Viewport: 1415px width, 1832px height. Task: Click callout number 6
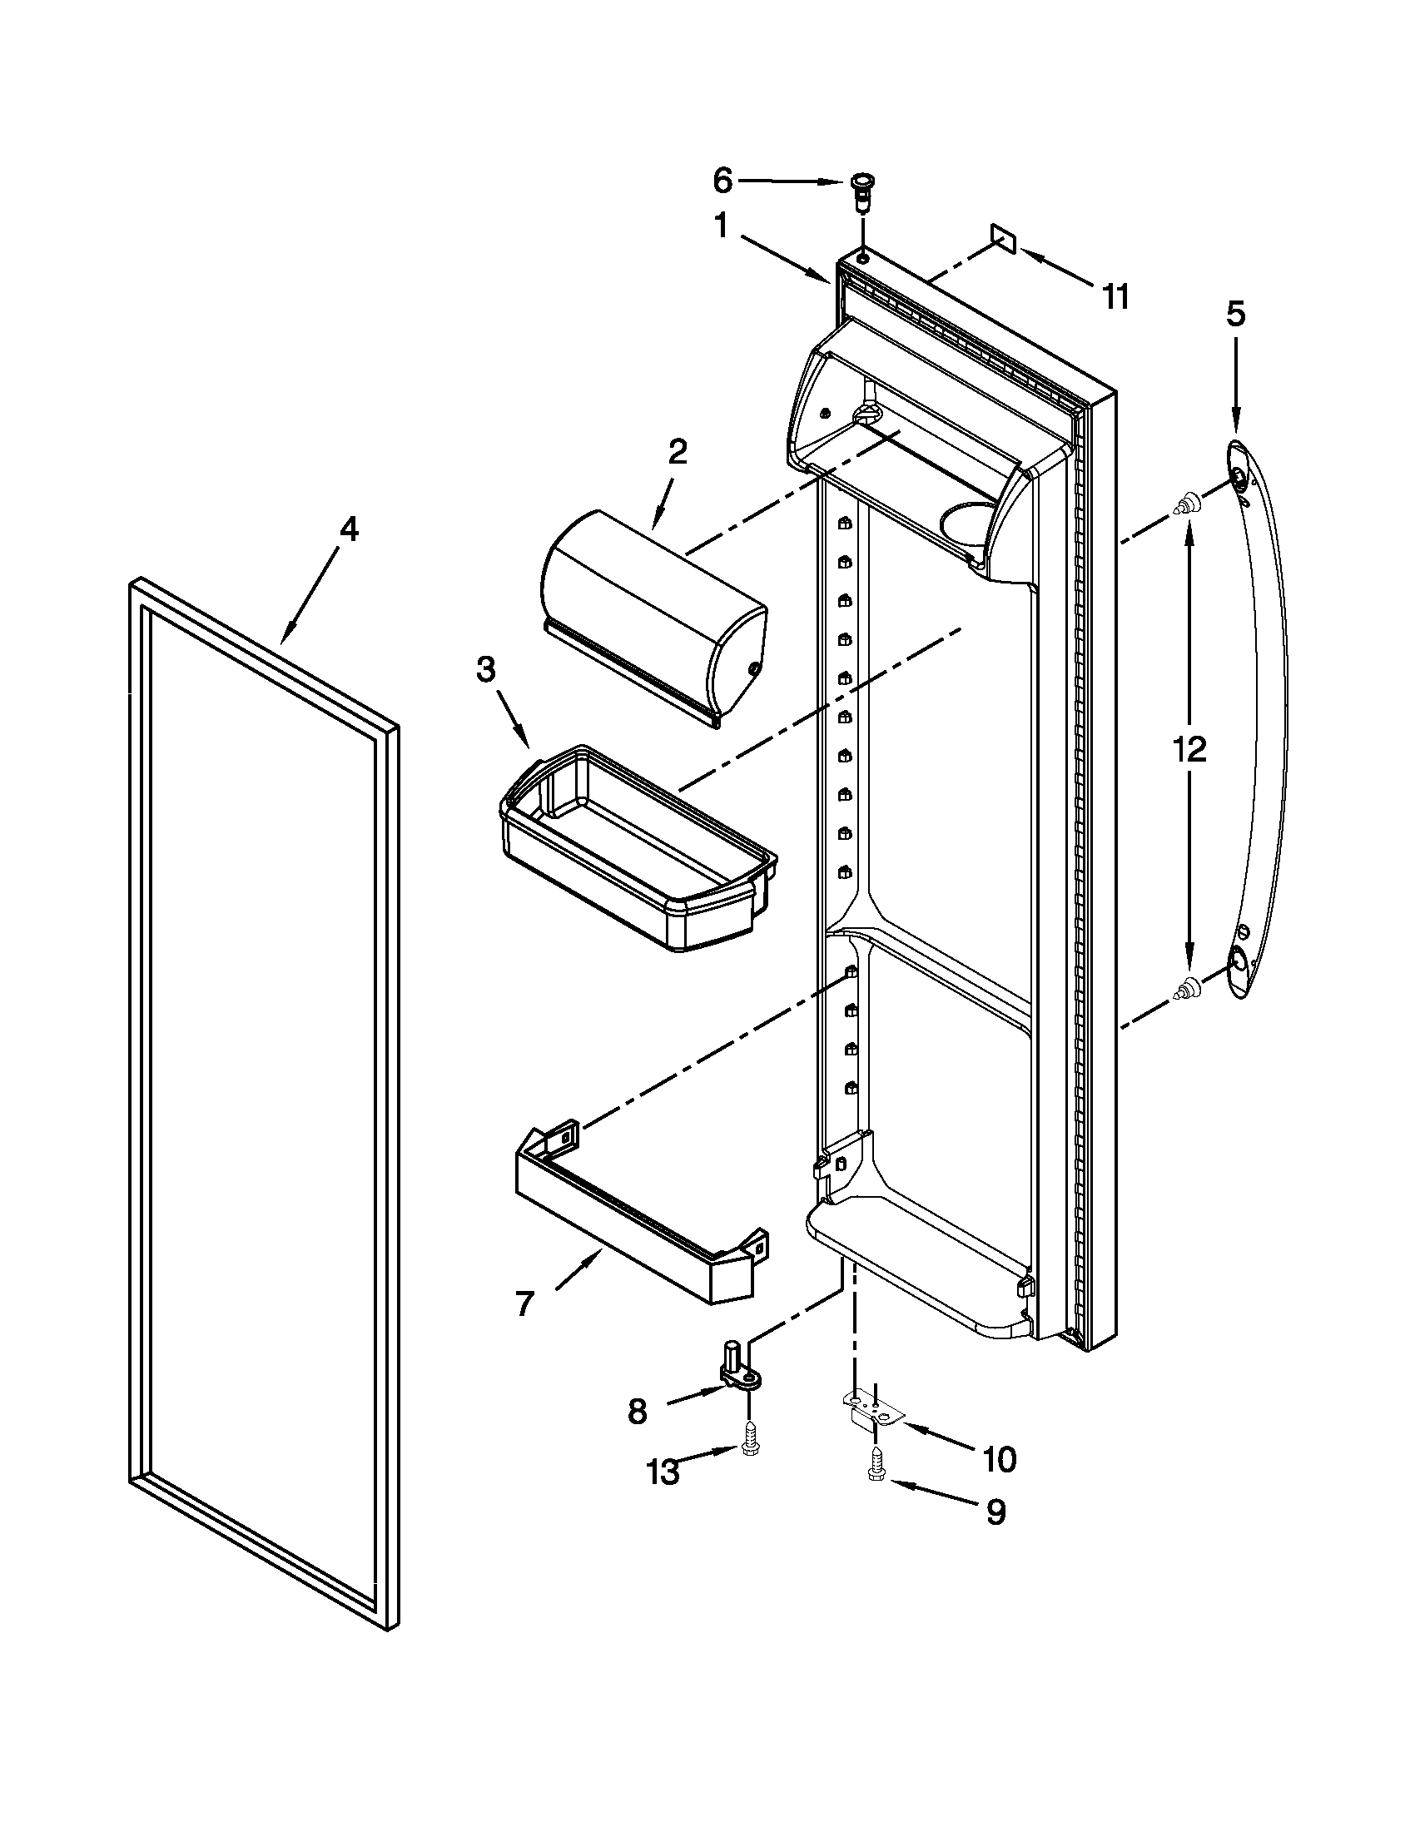point(722,180)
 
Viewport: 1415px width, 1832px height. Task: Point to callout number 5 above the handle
point(1235,314)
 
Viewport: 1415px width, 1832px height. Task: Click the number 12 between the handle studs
point(1189,749)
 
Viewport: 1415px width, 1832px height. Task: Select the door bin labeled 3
point(638,847)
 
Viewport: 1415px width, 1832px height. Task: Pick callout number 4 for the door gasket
point(348,529)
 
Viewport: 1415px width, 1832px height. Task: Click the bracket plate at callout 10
point(873,1412)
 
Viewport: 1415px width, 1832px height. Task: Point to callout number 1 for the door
point(722,226)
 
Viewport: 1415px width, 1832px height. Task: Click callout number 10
point(999,1461)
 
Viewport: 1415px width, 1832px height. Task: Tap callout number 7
point(524,1304)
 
